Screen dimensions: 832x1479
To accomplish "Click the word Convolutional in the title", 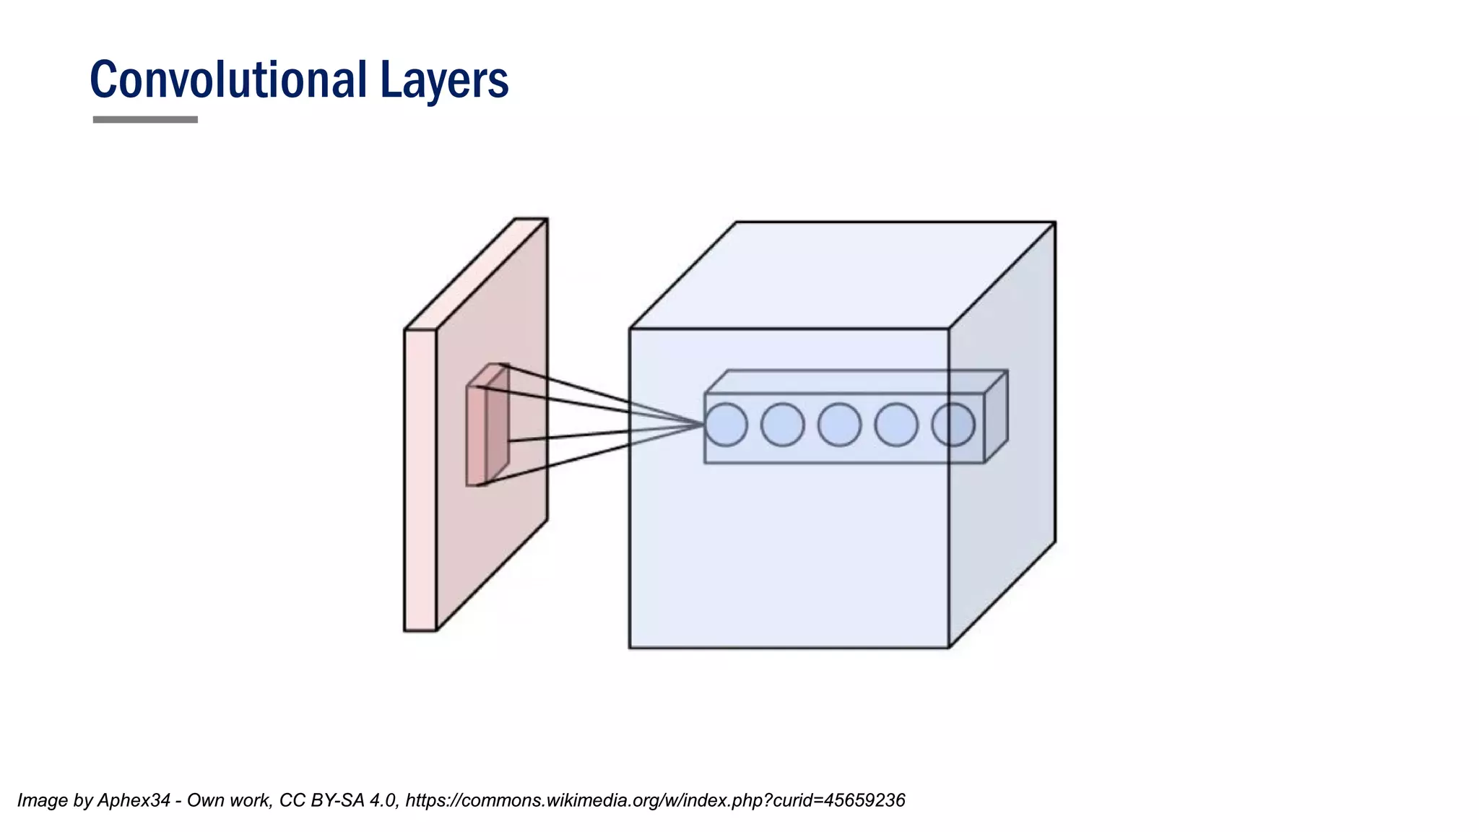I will click(x=228, y=79).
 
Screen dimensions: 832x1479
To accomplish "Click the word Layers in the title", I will click(x=444, y=81).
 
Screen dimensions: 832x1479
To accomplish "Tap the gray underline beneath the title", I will click(x=145, y=119).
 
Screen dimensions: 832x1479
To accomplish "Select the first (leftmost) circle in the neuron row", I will click(x=725, y=425).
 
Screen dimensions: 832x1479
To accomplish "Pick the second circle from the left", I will click(x=782, y=425).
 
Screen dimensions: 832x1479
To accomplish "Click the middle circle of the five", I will click(x=839, y=425).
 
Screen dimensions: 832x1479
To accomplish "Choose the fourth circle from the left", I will click(x=896, y=425).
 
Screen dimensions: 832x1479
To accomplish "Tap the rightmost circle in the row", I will click(x=953, y=425).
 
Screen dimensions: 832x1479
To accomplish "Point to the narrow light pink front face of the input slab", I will click(x=420, y=480).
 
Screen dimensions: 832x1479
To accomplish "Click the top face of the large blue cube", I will click(x=841, y=274).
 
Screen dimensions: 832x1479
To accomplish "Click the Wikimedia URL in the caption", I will click(x=655, y=800).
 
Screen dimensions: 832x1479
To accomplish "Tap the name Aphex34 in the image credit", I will click(x=134, y=800).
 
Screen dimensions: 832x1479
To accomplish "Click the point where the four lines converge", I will click(x=703, y=425).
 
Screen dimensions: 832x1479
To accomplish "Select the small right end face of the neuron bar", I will click(x=996, y=417).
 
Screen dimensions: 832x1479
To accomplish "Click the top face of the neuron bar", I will click(x=856, y=381).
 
